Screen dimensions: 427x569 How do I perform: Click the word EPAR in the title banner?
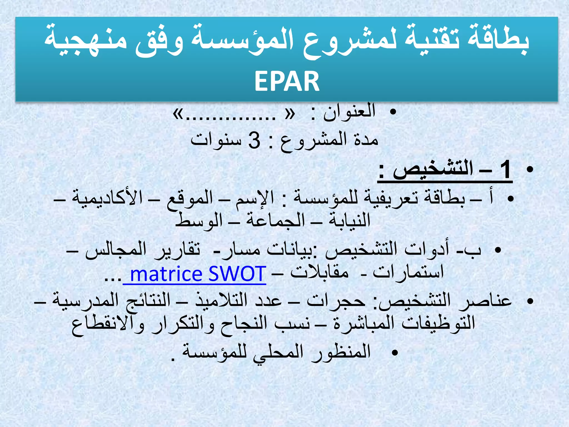point(287,81)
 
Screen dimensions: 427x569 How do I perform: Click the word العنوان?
point(349,112)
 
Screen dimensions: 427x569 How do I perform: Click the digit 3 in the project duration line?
point(254,140)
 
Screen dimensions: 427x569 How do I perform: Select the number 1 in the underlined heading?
point(505,170)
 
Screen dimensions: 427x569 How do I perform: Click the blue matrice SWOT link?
point(198,274)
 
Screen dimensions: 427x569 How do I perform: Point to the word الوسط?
point(199,220)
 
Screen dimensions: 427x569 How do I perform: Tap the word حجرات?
point(336,301)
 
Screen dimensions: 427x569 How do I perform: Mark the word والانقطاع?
point(108,324)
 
